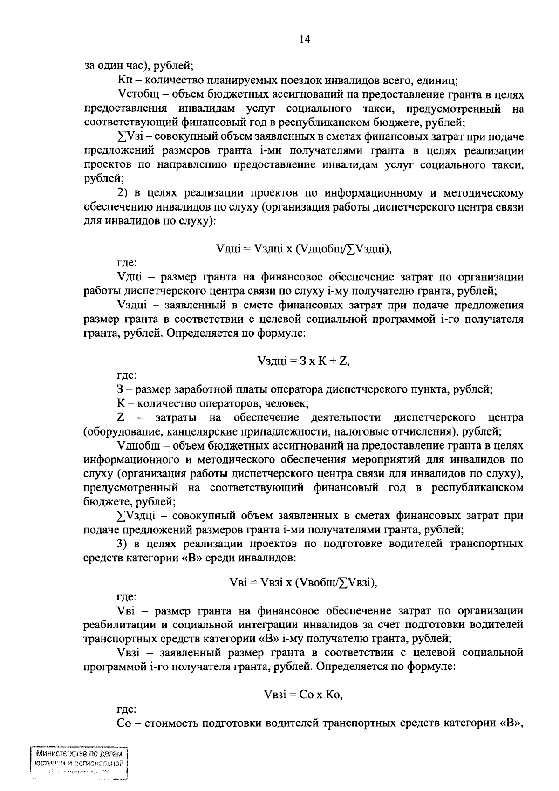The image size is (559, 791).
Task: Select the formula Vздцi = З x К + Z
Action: [303, 361]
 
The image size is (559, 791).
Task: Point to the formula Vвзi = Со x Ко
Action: [303, 695]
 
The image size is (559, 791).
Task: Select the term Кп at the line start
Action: [123, 81]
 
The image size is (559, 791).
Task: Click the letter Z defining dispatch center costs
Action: [121, 417]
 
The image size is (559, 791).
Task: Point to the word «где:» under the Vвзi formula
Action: [126, 709]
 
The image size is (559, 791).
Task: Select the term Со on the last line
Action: [123, 723]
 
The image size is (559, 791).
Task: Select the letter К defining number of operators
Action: [120, 403]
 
